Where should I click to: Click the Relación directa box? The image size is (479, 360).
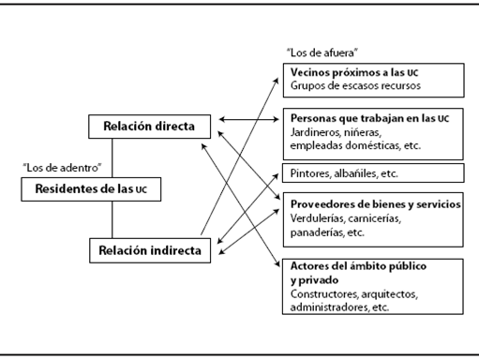tap(149, 125)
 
